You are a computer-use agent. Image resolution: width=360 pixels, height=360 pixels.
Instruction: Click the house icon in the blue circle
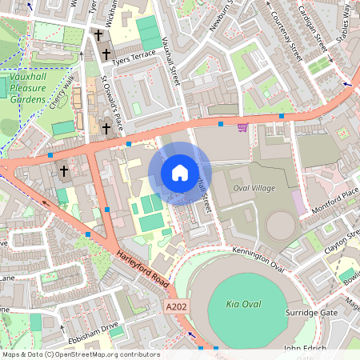(180, 173)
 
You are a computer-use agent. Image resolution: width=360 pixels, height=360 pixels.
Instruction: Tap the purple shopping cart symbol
(242, 126)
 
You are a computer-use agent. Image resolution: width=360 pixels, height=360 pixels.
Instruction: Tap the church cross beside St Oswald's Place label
(106, 126)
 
